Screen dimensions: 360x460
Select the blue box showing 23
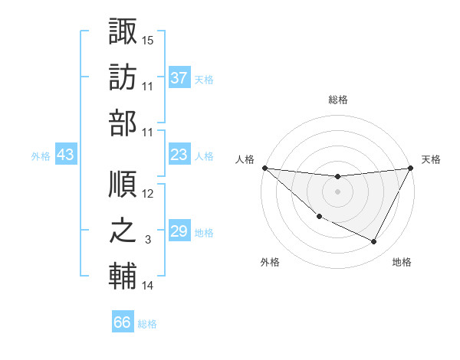click(179, 155)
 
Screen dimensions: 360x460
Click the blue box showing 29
click(179, 231)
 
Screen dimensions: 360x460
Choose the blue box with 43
click(65, 155)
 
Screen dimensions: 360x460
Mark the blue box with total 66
click(123, 322)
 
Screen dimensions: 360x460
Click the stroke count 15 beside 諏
click(148, 40)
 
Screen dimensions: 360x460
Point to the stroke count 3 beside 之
click(148, 240)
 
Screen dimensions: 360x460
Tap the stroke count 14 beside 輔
click(148, 286)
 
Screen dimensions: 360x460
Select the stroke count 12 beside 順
click(148, 195)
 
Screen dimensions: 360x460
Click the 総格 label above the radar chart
click(337, 100)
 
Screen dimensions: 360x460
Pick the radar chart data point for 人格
click(264, 168)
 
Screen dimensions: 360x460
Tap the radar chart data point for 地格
click(374, 242)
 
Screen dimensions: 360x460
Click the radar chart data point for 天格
click(411, 168)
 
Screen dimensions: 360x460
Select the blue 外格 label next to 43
click(41, 155)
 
